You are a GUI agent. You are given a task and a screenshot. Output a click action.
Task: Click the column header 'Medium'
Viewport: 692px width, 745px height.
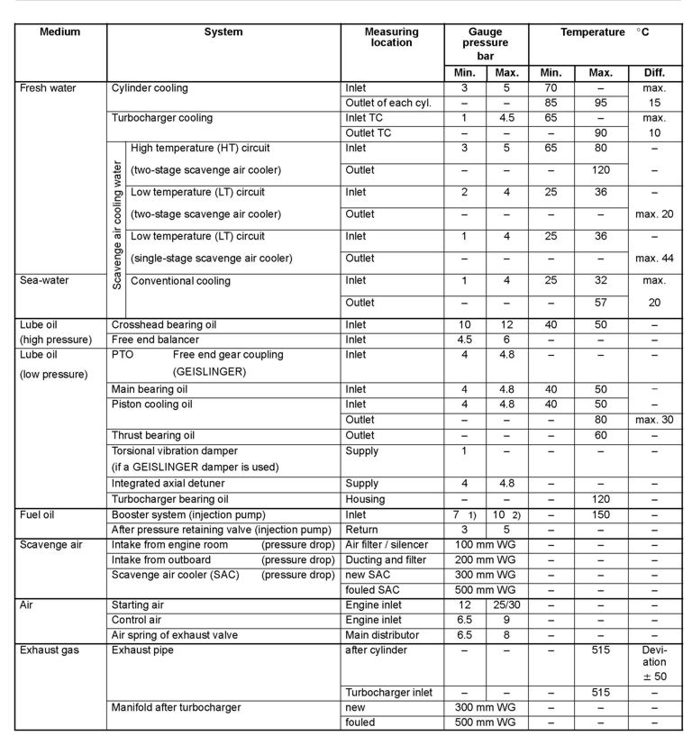pos(60,32)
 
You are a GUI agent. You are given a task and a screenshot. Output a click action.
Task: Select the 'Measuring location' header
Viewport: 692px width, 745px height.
pos(391,37)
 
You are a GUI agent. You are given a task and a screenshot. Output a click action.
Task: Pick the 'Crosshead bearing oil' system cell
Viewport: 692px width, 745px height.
pos(163,324)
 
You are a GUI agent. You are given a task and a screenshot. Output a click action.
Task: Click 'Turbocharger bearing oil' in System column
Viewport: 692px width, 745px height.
pos(170,499)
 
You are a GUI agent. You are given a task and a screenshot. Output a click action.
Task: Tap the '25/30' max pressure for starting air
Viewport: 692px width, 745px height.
pos(506,605)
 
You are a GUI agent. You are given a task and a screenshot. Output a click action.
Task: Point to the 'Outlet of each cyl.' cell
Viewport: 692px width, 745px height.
pos(388,104)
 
